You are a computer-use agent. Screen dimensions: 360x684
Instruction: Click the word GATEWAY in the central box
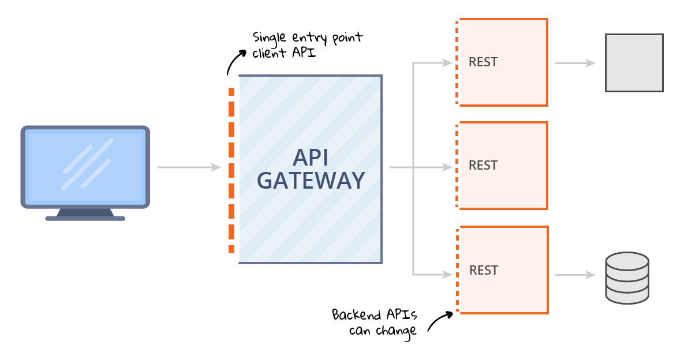[311, 181]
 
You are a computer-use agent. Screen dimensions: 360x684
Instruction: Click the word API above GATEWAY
[311, 157]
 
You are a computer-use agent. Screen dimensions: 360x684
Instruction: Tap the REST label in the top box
[483, 62]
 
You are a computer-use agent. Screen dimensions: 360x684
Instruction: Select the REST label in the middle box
[483, 166]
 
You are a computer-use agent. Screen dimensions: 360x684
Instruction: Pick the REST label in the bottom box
[484, 270]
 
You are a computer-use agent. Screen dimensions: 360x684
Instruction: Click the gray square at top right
[634, 62]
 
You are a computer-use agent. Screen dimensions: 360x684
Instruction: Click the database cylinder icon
[627, 278]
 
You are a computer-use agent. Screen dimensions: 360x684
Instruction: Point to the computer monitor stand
[85, 214]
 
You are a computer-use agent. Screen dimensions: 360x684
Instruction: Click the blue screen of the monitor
[85, 166]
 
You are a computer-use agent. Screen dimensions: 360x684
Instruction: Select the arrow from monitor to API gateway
[189, 167]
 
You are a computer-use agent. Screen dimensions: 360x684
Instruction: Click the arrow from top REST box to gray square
[575, 63]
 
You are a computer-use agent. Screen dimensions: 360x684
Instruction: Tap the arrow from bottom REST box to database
[575, 275]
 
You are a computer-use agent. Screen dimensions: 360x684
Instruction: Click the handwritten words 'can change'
[382, 331]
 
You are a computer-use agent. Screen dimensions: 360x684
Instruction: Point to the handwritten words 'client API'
[283, 54]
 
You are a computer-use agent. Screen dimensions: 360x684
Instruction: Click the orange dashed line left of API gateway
[231, 170]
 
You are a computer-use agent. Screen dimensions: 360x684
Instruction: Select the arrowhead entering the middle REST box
[447, 167]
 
